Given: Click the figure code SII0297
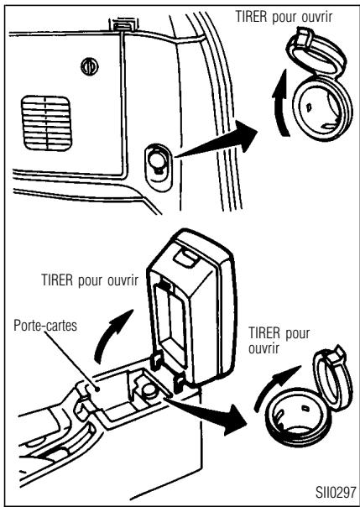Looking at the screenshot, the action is coord(336,493).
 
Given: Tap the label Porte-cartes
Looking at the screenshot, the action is coord(45,326).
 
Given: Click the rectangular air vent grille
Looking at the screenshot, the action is coord(46,123).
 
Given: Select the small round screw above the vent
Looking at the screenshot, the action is coord(90,66).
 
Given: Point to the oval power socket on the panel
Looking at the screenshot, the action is coord(159,167).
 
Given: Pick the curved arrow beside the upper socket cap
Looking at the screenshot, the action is coord(280,103).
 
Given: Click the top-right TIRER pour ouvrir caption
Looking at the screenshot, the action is coord(284,17).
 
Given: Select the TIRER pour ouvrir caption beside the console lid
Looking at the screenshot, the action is coord(90,280).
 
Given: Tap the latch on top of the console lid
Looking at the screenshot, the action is coord(185,258).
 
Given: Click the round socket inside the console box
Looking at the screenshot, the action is coord(149,389).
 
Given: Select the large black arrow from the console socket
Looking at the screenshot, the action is coord(206,415).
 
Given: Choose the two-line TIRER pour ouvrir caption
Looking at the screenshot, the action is coord(279,341).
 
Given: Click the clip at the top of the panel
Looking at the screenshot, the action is coord(123,24).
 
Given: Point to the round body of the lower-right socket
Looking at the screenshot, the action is coord(296,417).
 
